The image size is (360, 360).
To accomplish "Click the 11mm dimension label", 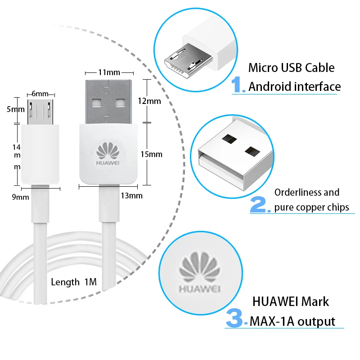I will tap(109, 72).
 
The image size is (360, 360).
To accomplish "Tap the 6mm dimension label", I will tap(40, 94).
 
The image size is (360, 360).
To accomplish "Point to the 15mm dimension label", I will tap(151, 154).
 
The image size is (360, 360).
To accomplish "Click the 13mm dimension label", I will tap(131, 195).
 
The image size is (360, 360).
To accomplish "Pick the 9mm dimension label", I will tap(20, 197).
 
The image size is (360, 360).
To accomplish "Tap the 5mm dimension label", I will tap(18, 109).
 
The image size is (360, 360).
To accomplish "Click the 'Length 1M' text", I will tap(74, 282).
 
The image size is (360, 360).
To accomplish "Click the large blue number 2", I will tap(259, 205).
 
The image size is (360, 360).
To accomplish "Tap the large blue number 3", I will tap(235, 318).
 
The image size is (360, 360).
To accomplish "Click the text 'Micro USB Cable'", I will tap(291, 68).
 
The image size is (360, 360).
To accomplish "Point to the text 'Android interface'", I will tap(294, 86).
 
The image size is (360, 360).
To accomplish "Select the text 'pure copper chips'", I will tap(311, 207).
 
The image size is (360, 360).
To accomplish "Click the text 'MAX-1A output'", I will tap(292, 321).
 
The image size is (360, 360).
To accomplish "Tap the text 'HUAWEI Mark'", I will tap(290, 301).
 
